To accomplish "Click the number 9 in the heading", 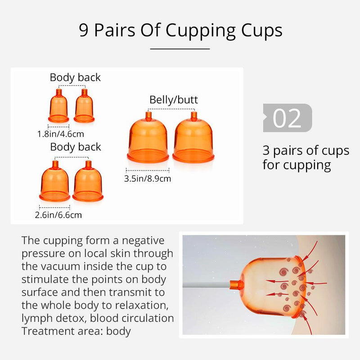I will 83,31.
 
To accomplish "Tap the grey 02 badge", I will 287,118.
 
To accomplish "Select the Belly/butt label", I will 174,99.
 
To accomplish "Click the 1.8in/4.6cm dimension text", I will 60,134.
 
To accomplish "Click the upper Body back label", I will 75,77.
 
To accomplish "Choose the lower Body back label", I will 76,147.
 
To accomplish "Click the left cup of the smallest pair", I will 58,107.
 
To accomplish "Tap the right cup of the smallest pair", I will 84,107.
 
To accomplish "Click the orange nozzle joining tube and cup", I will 236,285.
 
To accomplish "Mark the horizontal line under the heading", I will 180,48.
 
